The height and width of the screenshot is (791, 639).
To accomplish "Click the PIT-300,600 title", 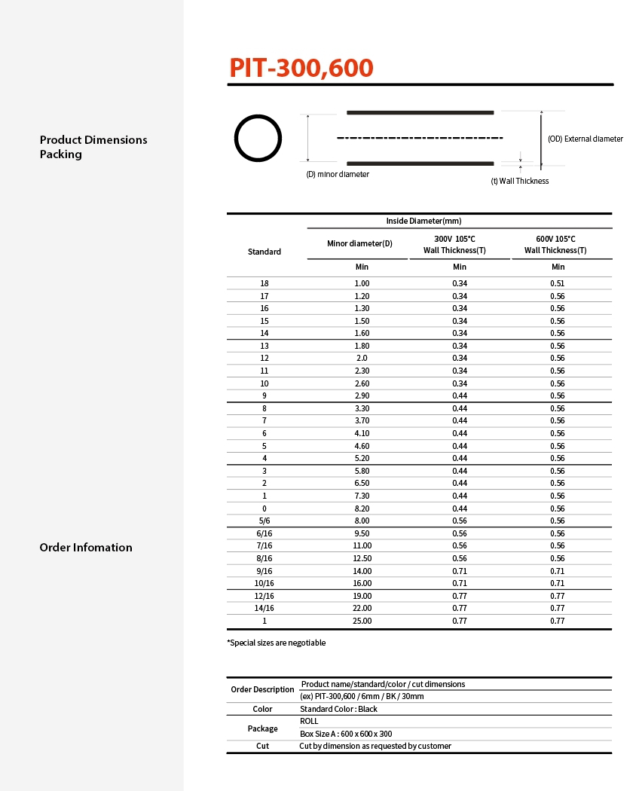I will pos(301,68).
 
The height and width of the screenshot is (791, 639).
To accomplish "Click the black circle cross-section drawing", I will pos(258,139).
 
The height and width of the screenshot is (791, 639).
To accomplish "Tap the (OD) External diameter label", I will pos(585,139).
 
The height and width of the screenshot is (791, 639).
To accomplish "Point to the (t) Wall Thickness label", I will pos(519,181).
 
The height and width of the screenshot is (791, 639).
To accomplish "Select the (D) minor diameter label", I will pos(338,174).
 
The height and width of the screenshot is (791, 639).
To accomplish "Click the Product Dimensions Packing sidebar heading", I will pos(93,147).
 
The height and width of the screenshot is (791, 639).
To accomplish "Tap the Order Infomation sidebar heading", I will pos(86,548).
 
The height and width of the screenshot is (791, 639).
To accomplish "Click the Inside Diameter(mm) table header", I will pos(423,221).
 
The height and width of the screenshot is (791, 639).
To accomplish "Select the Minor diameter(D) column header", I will pos(359,243).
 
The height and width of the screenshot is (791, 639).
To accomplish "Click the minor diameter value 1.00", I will pos(362,283).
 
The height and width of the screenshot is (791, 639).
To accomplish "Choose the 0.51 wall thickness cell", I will pos(558,283).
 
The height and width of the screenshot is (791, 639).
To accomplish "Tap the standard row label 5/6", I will pos(264,521).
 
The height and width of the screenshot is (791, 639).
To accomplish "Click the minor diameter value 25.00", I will pos(362,621).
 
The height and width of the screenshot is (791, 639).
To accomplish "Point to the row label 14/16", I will pos(264,608).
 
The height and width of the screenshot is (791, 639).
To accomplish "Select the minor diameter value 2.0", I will pos(362,358).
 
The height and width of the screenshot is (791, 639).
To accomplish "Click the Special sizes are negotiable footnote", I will pos(277,643).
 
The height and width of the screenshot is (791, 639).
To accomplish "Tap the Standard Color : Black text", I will pos(338,709).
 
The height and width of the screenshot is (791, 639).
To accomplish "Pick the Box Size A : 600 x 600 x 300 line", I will pos(346,734).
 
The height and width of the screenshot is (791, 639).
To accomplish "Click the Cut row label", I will pos(262,746).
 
